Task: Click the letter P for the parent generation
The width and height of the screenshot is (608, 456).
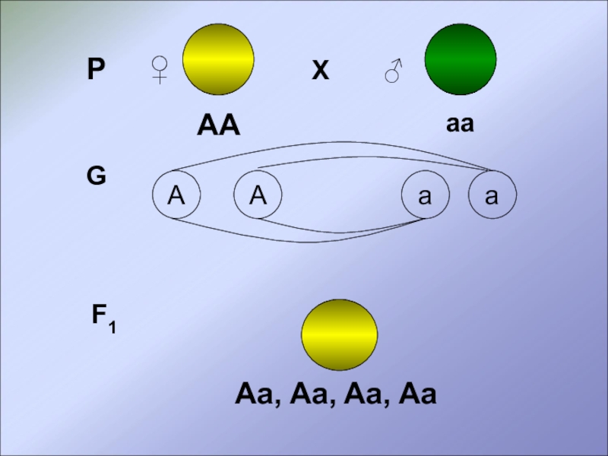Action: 96,71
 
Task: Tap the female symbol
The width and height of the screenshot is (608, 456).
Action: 160,70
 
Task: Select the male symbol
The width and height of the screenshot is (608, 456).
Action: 393,71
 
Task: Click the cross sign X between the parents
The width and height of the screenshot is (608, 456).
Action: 321,71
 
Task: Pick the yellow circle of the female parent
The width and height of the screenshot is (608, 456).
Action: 218,59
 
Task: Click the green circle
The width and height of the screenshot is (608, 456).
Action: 460,59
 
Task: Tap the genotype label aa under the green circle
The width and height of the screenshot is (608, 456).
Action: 460,124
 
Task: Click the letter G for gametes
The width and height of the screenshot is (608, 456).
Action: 96,176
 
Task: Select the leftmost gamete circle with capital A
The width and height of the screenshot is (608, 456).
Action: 176,196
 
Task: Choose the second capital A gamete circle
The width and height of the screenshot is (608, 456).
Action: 258,196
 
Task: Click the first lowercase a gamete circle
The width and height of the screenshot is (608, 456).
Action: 425,196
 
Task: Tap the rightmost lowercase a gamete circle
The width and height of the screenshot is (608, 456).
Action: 492,196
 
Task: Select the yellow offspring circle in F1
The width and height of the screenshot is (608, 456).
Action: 339,334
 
